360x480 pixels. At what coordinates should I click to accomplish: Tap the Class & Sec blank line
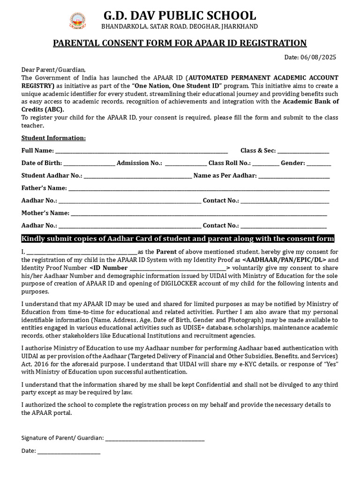click(303, 151)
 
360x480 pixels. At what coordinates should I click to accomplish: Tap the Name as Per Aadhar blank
click(294, 176)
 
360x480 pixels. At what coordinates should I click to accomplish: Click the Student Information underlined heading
click(53, 138)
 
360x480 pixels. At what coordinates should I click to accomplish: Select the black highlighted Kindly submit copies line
click(178, 239)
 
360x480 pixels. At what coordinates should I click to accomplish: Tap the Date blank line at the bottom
click(69, 451)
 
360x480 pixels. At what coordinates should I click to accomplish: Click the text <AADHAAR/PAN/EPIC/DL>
click(284, 259)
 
